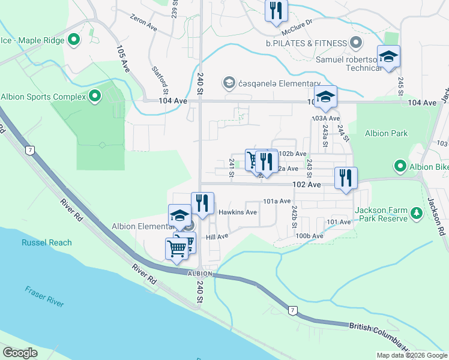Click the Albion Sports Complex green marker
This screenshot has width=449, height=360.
point(95,96)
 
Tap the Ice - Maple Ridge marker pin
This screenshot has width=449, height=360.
point(74,41)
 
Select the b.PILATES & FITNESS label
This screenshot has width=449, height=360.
point(306,43)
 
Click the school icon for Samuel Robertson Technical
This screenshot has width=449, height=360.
point(388,57)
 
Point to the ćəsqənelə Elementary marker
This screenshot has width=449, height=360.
point(228,82)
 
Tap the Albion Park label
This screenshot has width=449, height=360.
point(388,133)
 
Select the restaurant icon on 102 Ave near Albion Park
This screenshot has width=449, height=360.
point(346,178)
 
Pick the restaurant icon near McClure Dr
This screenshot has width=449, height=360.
point(276,10)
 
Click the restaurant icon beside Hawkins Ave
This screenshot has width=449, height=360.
point(203,203)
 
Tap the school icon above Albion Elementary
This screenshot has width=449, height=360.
point(180,217)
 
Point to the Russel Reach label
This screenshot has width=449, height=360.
point(47,243)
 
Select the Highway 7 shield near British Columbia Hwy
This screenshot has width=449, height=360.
point(292,310)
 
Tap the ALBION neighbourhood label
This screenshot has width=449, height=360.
point(200,274)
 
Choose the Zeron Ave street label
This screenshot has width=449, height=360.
point(143,23)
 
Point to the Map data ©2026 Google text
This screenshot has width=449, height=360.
point(412,355)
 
